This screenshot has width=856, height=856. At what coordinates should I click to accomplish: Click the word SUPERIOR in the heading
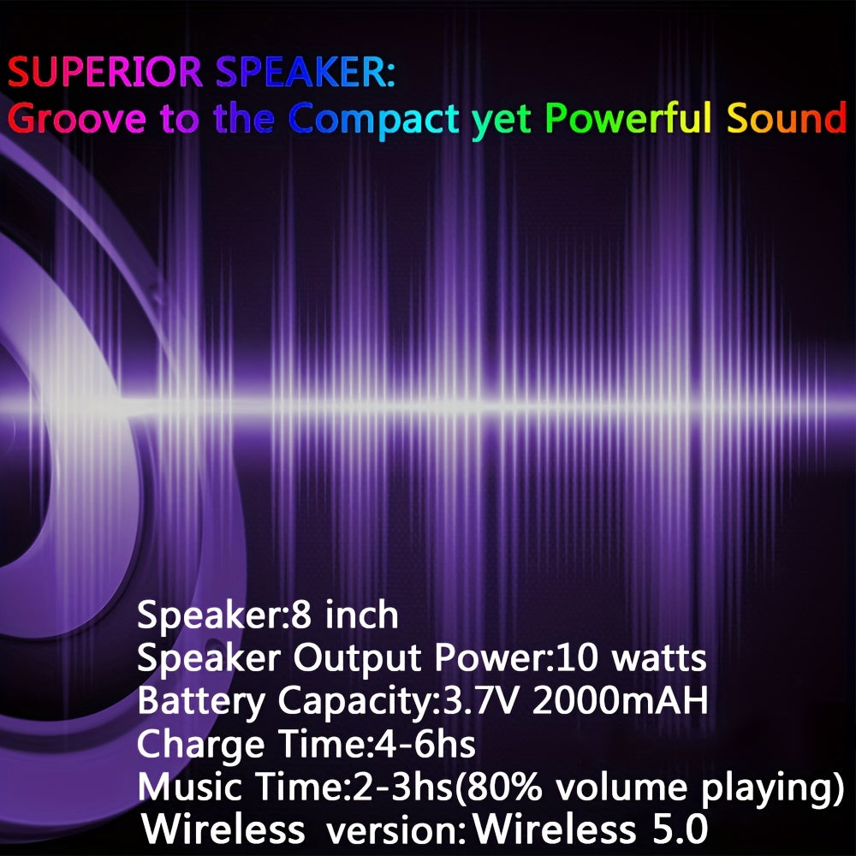(x=104, y=72)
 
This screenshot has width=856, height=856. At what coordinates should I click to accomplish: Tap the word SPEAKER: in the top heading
(x=306, y=72)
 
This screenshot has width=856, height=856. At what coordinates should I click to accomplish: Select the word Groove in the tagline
(x=77, y=118)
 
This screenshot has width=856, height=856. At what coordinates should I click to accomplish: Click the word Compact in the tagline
(x=374, y=120)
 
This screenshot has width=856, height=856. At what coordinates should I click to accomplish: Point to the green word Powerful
(x=628, y=118)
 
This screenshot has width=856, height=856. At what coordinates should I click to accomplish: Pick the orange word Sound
(x=787, y=118)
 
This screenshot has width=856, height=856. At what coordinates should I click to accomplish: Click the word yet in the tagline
(x=502, y=122)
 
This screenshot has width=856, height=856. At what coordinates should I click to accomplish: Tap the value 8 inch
(x=344, y=615)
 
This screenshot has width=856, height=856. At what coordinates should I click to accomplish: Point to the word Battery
(x=201, y=702)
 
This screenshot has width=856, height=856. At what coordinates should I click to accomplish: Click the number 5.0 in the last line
(x=681, y=829)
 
